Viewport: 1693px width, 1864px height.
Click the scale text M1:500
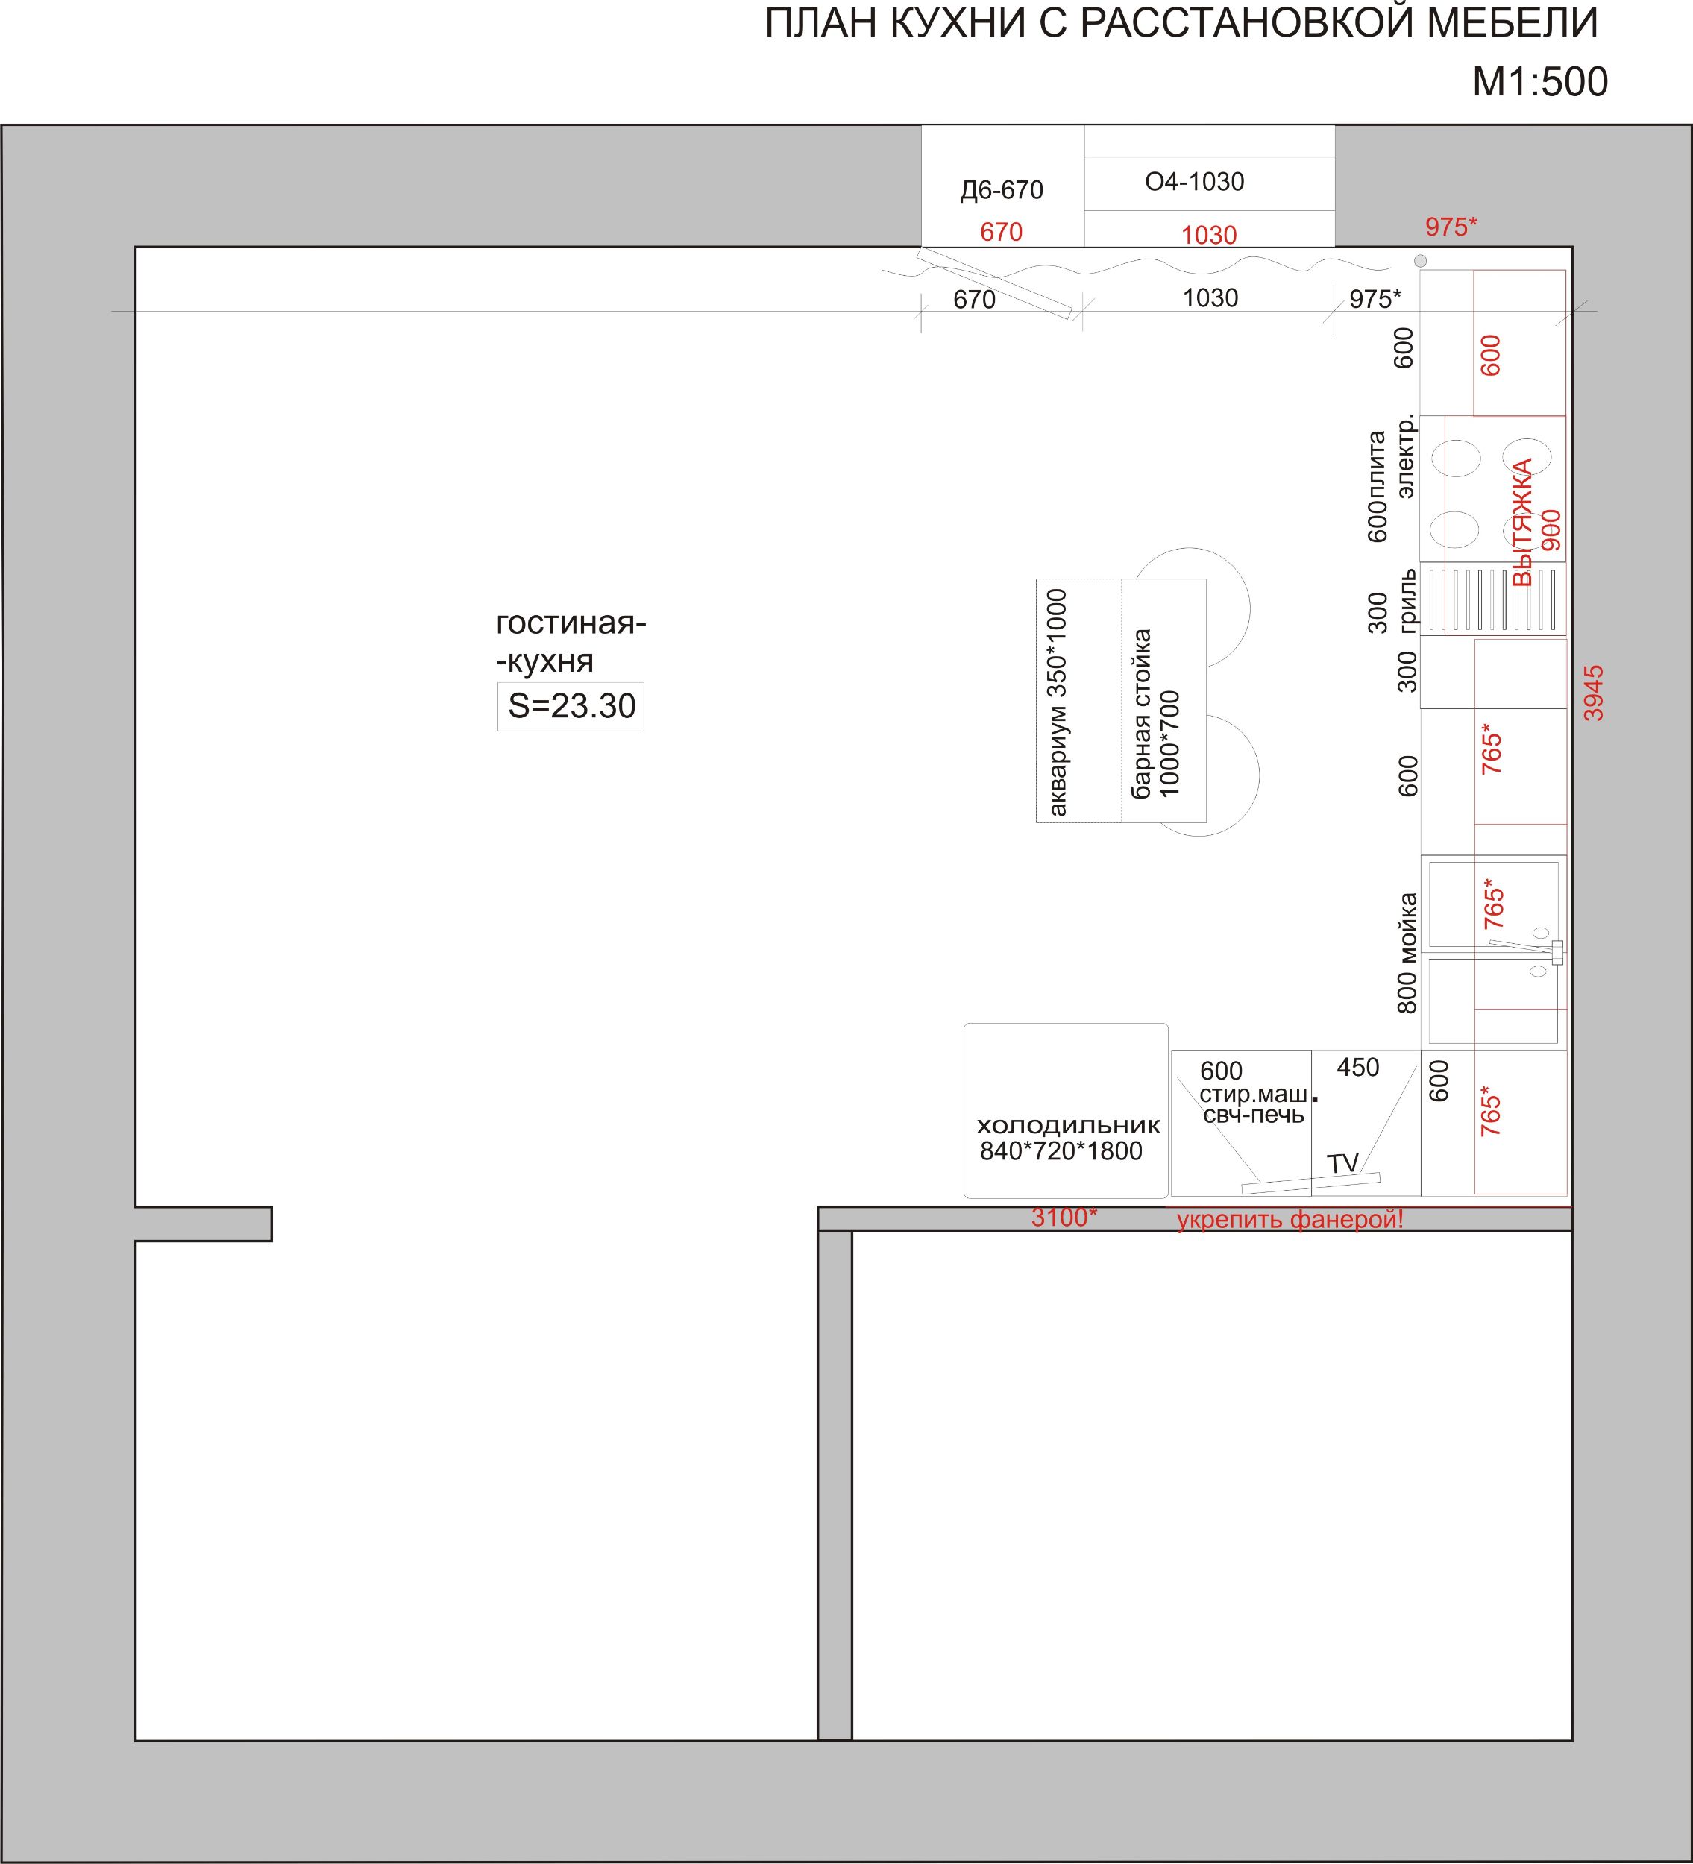pos(1539,82)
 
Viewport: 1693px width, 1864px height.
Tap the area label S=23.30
pos(571,705)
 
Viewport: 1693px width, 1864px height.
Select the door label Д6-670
pos(1002,189)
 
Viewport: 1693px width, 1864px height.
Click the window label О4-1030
pos(1195,182)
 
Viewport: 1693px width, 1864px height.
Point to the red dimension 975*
pos(1451,227)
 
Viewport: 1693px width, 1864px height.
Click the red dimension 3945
pos(1593,693)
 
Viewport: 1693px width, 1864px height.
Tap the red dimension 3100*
pos(1064,1218)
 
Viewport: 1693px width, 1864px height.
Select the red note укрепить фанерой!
pos(1290,1220)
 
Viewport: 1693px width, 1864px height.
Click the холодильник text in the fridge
pos(1068,1125)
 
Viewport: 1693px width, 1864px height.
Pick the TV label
pos(1343,1163)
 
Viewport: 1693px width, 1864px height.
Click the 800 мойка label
pos(1407,952)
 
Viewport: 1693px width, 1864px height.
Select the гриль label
pos(1407,601)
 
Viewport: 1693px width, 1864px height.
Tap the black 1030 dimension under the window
pos(1210,297)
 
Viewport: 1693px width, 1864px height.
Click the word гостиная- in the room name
pos(571,624)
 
